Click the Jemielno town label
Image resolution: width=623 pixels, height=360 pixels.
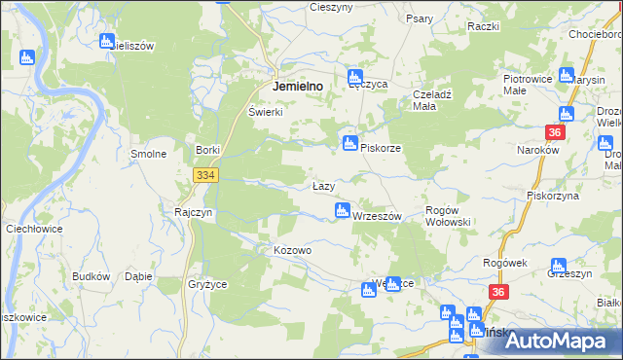305,86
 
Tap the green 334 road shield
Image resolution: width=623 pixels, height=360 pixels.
204,175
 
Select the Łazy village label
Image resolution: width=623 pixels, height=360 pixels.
324,186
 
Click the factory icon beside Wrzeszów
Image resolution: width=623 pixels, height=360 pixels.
343,210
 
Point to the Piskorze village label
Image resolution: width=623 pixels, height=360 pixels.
381,148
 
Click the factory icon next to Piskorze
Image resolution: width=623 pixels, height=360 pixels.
348,144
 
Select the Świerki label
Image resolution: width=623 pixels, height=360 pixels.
265,112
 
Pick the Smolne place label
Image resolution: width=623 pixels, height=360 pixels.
149,154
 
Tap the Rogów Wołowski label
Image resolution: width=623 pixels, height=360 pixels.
449,216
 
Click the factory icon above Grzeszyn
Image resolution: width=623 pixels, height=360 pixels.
558,266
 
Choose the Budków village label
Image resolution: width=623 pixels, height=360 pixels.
91,276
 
